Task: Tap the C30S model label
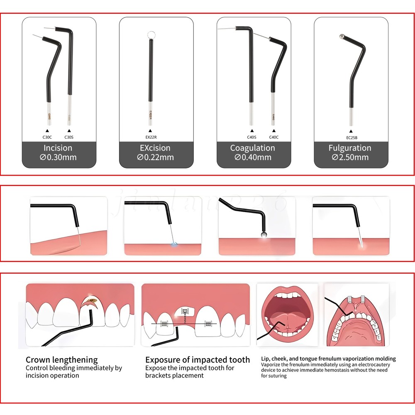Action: (x=69, y=137)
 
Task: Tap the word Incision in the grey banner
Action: (x=58, y=148)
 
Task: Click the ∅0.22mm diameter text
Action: (x=156, y=157)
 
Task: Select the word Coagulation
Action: (x=253, y=148)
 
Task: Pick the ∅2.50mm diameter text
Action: (x=350, y=157)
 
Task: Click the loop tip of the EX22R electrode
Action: (x=151, y=35)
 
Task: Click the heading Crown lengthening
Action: (x=62, y=360)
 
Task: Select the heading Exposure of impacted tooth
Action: (x=198, y=360)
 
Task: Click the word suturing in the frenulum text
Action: (x=274, y=376)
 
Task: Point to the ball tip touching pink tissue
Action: (x=263, y=235)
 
